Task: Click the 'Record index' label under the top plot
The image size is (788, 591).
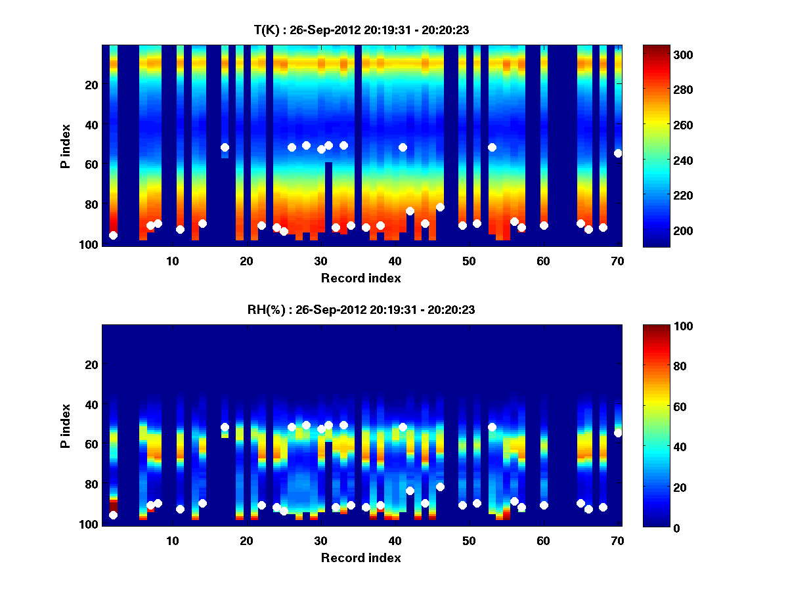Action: pyautogui.click(x=361, y=278)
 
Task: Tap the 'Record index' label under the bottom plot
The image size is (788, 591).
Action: pyautogui.click(x=361, y=558)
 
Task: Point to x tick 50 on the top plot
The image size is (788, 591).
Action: pyautogui.click(x=469, y=261)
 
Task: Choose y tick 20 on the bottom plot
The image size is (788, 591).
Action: pyautogui.click(x=92, y=364)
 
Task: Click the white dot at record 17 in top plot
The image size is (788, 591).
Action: pyautogui.click(x=225, y=148)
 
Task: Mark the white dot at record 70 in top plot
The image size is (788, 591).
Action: pyautogui.click(x=618, y=153)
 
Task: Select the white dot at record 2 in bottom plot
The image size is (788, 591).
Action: pyautogui.click(x=113, y=515)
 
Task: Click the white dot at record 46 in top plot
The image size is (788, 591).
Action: pyautogui.click(x=440, y=208)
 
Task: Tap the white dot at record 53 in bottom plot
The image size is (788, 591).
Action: pyautogui.click(x=492, y=427)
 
